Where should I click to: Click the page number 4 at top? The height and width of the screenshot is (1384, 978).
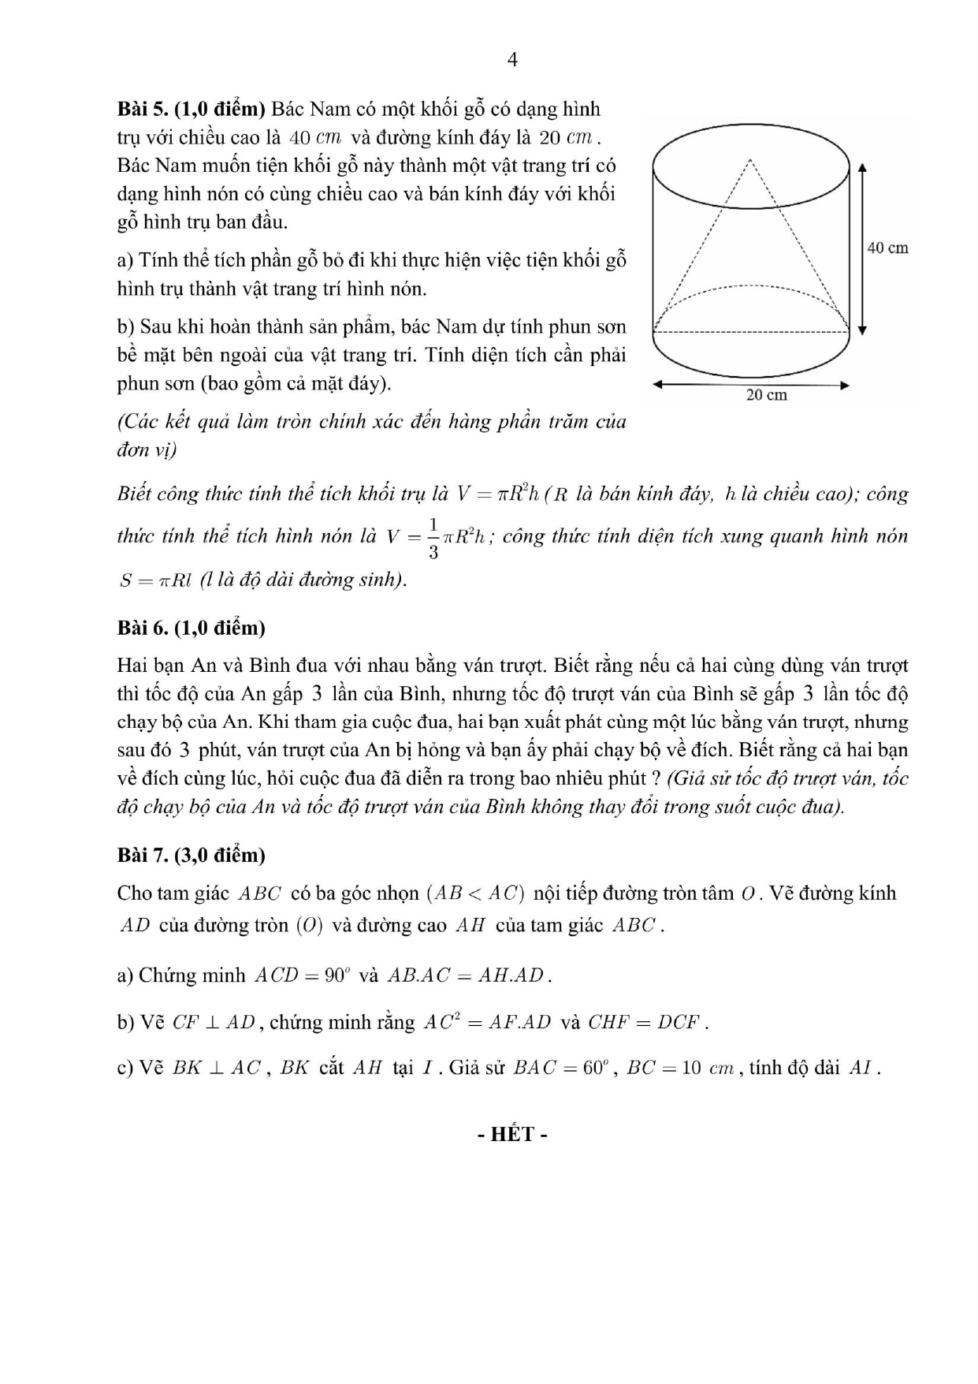(512, 60)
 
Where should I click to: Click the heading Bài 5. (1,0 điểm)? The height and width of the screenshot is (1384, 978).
(191, 109)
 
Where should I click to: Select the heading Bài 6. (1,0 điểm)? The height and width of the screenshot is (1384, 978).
(191, 628)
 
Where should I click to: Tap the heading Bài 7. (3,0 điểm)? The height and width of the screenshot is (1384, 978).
(191, 855)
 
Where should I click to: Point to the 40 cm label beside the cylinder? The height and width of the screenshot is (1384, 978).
(887, 248)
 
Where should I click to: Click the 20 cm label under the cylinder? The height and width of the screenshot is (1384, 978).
(766, 394)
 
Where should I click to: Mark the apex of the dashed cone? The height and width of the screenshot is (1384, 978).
(751, 160)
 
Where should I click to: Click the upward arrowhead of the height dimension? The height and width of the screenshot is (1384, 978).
(862, 167)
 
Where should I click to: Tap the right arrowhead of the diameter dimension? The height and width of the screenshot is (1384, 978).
(845, 385)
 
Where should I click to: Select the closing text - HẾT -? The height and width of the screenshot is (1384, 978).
(512, 1134)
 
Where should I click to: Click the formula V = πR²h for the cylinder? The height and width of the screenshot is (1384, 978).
(497, 494)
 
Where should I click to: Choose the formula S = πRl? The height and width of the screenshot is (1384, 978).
(156, 580)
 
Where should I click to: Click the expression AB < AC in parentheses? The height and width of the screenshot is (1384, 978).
(475, 893)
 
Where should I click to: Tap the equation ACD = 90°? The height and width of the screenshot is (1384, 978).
(300, 976)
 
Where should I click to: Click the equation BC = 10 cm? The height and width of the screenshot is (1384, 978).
(679, 1069)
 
